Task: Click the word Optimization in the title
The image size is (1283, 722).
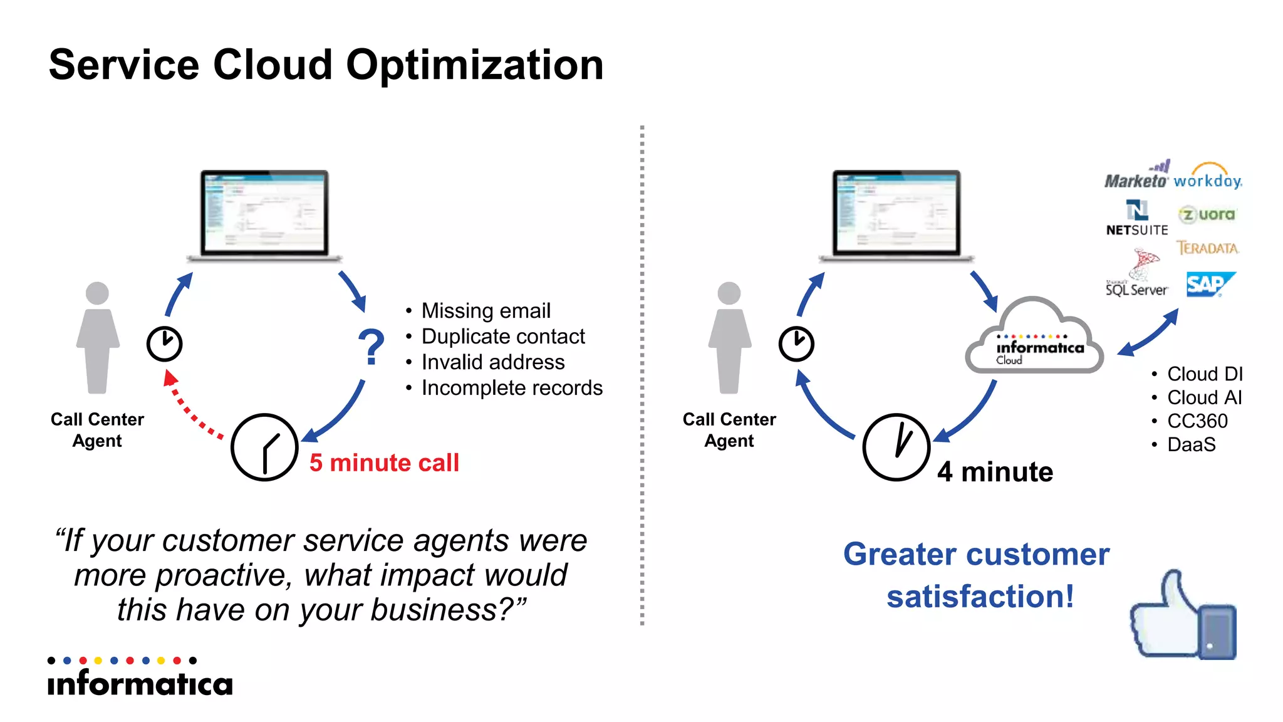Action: click(474, 65)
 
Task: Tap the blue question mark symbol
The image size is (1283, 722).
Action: click(371, 347)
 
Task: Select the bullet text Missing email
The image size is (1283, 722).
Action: click(486, 310)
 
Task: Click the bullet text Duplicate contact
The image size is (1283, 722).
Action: click(502, 337)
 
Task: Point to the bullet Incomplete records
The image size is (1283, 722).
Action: click(511, 388)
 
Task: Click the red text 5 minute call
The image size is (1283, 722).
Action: click(384, 463)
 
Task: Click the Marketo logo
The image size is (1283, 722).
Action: click(1136, 176)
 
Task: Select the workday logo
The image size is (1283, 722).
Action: click(1207, 177)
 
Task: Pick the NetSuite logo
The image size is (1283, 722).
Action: click(1137, 218)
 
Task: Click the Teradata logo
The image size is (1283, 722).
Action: click(1207, 248)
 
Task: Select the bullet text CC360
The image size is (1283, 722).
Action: click(1197, 421)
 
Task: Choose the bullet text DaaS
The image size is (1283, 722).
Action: click(1191, 445)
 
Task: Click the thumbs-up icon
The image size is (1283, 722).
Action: click(1182, 617)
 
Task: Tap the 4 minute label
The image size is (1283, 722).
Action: click(995, 472)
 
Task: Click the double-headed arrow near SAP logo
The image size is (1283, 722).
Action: click(1148, 333)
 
